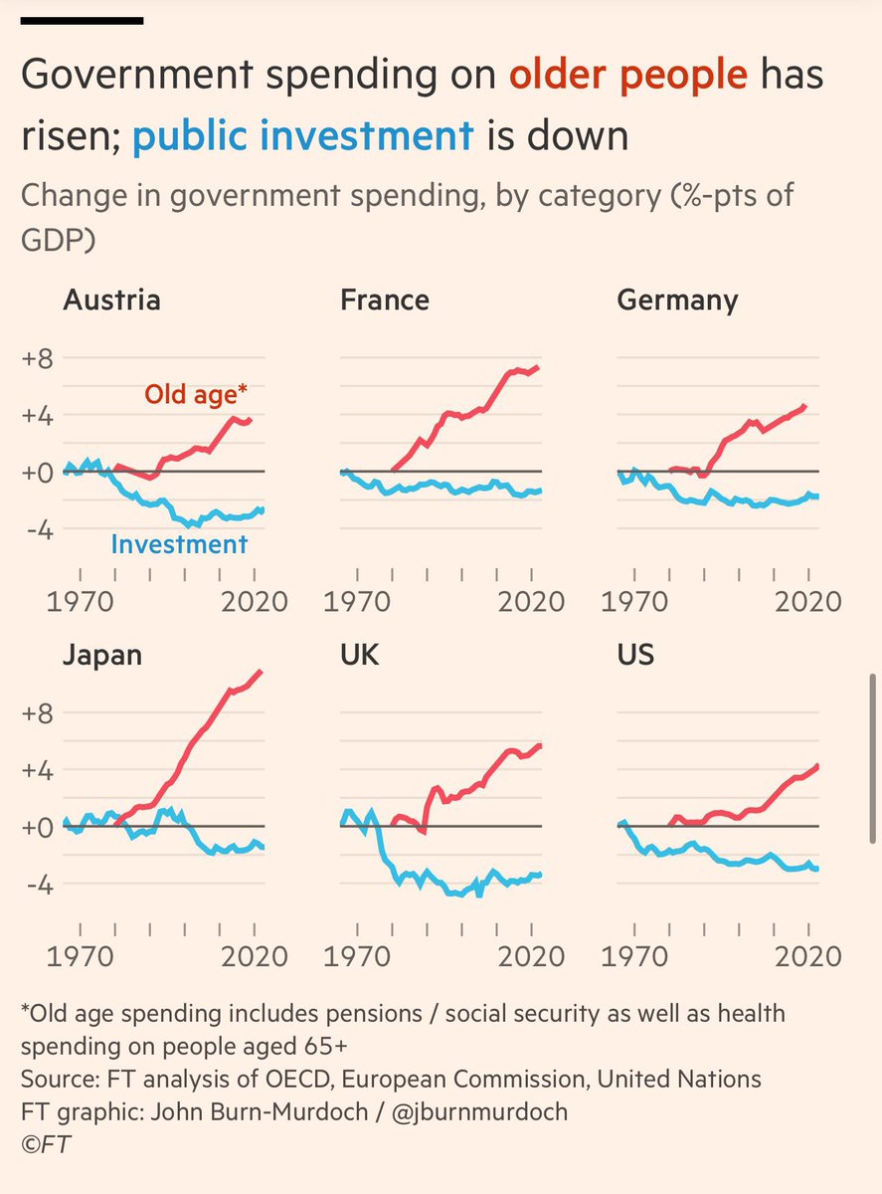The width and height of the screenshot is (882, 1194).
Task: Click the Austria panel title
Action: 111,300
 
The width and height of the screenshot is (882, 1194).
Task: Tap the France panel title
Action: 385,300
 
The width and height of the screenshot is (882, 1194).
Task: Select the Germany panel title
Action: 677,300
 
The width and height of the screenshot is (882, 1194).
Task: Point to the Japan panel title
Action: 102,655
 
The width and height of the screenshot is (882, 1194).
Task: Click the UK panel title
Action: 359,655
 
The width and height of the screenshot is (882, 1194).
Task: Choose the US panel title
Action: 635,655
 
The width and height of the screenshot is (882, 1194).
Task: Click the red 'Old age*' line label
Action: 196,395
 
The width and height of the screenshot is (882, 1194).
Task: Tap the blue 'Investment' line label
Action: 179,544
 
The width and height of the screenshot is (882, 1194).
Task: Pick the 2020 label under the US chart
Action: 808,956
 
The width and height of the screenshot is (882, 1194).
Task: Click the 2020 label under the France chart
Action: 532,602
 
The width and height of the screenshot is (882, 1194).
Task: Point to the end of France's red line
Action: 538,367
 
